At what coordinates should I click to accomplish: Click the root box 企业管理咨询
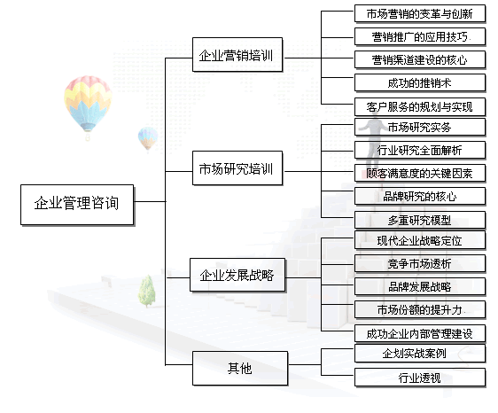77,205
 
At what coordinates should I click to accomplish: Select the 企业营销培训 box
237,55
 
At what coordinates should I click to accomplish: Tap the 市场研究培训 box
237,168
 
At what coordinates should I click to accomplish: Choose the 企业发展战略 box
237,275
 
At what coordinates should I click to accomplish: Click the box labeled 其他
240,369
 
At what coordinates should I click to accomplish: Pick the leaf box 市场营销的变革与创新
420,13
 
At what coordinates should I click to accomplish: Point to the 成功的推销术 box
420,83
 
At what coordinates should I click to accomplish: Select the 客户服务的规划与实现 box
420,106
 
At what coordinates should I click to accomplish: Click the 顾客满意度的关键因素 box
420,173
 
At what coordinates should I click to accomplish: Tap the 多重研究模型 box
420,220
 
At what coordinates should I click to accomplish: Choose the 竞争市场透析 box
420,264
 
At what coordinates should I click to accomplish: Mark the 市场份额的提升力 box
420,310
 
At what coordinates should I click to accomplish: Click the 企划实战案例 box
420,354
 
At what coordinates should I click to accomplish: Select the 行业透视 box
420,378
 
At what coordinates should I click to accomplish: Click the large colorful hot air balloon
88,105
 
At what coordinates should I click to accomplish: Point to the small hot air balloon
148,139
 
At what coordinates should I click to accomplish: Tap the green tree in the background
147,292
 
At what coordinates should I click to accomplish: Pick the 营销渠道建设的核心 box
420,60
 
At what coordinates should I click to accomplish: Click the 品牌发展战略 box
420,287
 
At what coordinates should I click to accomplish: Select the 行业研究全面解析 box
420,150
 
